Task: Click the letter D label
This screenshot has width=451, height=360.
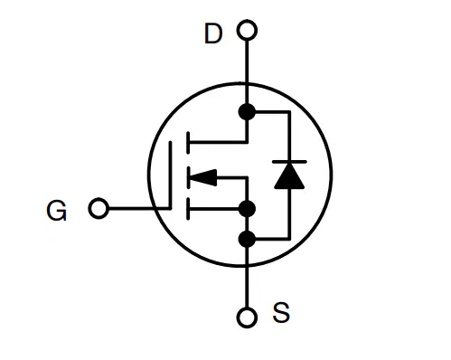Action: [x=213, y=33]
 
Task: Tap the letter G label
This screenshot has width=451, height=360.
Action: [x=56, y=211]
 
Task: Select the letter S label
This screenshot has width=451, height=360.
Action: [x=281, y=313]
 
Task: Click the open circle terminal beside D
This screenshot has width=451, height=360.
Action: [x=247, y=30]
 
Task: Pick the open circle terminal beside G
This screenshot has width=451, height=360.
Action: [x=99, y=208]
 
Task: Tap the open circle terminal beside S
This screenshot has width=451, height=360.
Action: [x=247, y=317]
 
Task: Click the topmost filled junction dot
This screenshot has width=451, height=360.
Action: [x=247, y=111]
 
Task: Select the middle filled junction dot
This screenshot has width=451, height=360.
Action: [x=247, y=209]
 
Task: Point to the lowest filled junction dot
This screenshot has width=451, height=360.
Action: [x=247, y=239]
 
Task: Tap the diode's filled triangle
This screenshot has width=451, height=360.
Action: [x=289, y=176]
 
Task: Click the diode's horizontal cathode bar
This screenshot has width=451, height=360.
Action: [x=289, y=162]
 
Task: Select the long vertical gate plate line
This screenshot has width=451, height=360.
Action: [x=170, y=175]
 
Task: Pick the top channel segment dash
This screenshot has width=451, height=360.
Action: [x=188, y=143]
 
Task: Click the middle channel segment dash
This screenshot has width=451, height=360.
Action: [x=188, y=177]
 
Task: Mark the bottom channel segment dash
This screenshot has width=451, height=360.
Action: [x=188, y=209]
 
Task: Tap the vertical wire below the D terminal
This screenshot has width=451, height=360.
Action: [x=247, y=71]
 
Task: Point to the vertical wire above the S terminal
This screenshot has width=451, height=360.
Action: [x=247, y=278]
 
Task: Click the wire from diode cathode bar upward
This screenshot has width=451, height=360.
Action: [x=289, y=137]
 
